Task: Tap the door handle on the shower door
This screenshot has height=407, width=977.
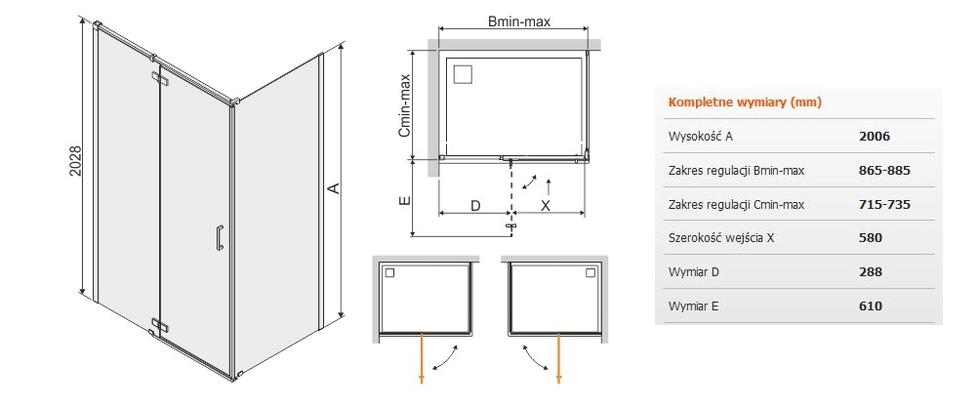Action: coord(219,237)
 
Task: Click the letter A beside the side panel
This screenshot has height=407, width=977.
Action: coord(333,187)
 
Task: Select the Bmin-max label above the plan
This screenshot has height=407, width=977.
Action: coord(518,21)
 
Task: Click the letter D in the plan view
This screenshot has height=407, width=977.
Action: coord(475,205)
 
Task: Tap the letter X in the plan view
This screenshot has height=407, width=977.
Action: coord(546,205)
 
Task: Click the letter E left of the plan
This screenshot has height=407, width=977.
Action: coord(404,200)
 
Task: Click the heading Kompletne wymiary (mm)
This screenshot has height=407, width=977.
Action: coord(745,102)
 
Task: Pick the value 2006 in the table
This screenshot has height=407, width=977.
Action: coord(875,136)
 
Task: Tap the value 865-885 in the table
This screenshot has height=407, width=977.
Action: coord(885,170)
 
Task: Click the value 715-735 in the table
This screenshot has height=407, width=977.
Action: coord(885,204)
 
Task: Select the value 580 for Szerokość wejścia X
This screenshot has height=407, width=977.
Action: coord(871,237)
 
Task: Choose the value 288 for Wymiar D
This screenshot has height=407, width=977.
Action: coord(871,271)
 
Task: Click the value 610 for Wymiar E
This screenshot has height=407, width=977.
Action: coord(871,306)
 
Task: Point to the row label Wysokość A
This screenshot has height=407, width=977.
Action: coord(701,136)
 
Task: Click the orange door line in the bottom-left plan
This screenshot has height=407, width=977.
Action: coord(423,357)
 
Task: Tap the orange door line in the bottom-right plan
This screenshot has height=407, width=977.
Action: coord(559,357)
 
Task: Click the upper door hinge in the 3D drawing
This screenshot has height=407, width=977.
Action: coord(159,78)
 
